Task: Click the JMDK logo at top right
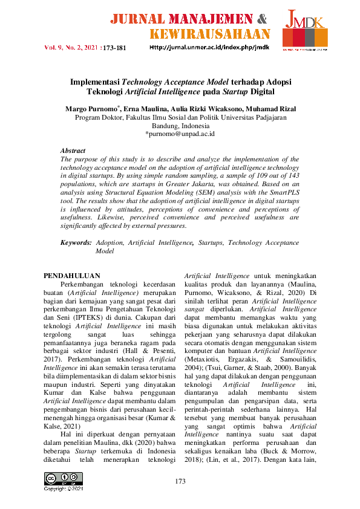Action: (306, 30)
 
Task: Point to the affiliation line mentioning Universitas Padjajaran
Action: (180, 118)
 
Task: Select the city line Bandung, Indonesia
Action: (180, 126)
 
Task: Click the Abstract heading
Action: (73, 151)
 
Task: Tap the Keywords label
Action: (76, 242)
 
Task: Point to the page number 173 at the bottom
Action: (180, 481)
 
